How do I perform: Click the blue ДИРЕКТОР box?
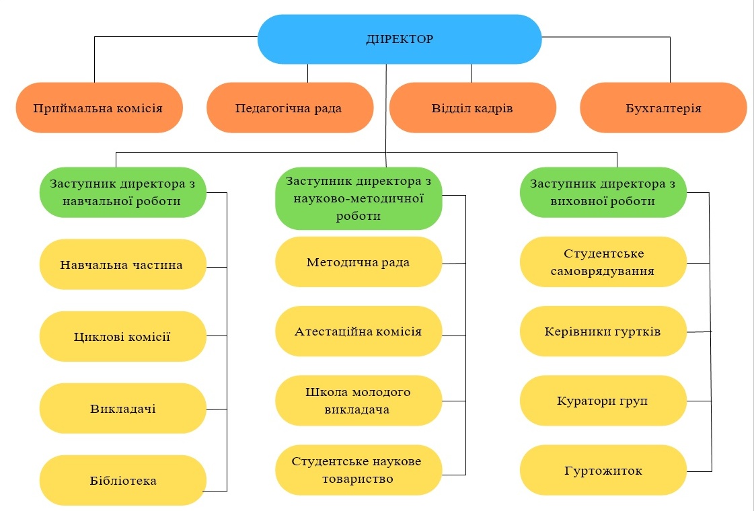click(x=400, y=39)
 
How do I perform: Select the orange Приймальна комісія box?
click(x=99, y=108)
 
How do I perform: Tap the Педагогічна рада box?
click(x=289, y=108)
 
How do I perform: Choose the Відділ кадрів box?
click(x=472, y=108)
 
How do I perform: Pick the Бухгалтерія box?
click(x=663, y=108)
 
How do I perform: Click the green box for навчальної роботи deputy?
click(x=122, y=192)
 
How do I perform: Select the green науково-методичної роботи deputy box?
click(x=359, y=198)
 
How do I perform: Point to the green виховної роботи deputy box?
click(x=603, y=192)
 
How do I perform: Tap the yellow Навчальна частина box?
click(x=122, y=265)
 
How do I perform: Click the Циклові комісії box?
click(x=122, y=337)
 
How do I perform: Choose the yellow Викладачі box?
click(x=122, y=408)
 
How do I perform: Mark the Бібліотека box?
click(x=122, y=480)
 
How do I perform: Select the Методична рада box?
click(x=359, y=262)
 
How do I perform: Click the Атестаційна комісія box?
click(x=359, y=331)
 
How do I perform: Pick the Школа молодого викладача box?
click(x=359, y=401)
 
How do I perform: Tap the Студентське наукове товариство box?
click(x=359, y=470)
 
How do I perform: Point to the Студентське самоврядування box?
click(x=603, y=262)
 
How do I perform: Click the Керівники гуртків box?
click(x=603, y=331)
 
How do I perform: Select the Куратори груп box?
click(x=603, y=401)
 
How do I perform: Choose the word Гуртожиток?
click(x=603, y=471)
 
